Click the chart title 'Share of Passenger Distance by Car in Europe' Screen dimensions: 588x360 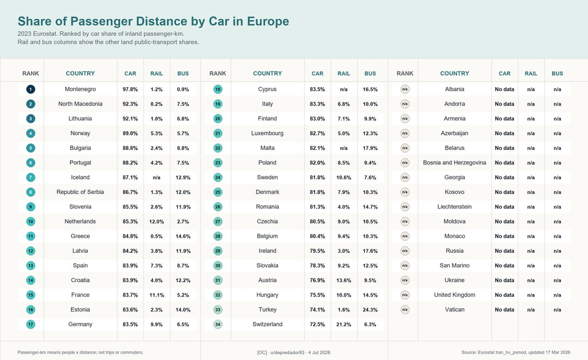[154, 21]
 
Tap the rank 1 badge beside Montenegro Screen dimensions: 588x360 [30, 89]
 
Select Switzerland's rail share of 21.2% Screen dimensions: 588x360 [344, 325]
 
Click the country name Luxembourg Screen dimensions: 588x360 [267, 133]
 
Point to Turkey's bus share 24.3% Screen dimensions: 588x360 [370, 310]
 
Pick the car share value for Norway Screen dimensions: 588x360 [130, 133]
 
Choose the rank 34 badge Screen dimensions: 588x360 [218, 325]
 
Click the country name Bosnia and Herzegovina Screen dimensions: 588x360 [455, 163]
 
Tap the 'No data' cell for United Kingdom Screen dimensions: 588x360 [504, 295]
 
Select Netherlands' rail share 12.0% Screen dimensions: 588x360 [157, 222]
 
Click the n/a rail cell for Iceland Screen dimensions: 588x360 [156, 178]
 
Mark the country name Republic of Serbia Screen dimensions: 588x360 [80, 192]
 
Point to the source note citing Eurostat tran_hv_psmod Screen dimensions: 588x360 [516, 352]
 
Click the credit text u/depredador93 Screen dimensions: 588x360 [287, 352]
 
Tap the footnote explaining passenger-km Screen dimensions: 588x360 [80, 352]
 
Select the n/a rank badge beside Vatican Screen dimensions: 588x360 [405, 310]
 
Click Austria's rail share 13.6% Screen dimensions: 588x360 [344, 280]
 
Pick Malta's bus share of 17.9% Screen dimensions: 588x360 [370, 148]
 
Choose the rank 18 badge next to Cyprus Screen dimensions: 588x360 [218, 89]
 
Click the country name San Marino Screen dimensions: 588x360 [455, 265]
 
